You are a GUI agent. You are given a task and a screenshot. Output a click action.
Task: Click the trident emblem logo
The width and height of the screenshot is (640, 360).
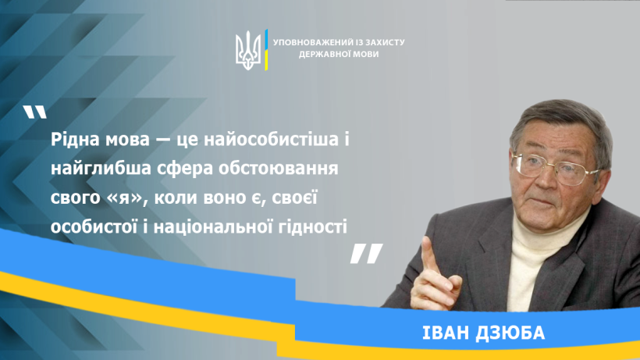[247, 50]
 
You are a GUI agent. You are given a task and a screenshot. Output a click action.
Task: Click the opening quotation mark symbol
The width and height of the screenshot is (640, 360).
[34, 112]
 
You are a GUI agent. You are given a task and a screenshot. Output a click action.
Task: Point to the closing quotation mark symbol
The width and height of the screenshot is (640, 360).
[367, 254]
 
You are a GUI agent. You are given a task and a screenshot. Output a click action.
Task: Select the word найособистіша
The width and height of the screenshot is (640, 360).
[271, 139]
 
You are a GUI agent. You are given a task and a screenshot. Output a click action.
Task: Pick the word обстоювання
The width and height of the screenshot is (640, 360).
[279, 168]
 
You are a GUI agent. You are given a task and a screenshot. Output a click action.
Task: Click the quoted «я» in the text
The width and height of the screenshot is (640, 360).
[123, 198]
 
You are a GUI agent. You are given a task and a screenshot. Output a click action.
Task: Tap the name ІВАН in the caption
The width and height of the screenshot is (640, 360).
[446, 333]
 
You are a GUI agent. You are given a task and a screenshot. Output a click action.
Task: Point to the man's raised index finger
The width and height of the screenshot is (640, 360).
[429, 255]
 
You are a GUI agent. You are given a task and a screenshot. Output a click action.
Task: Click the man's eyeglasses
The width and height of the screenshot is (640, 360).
[555, 168]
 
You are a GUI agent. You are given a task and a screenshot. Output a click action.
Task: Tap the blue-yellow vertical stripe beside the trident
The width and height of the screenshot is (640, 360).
[266, 50]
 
